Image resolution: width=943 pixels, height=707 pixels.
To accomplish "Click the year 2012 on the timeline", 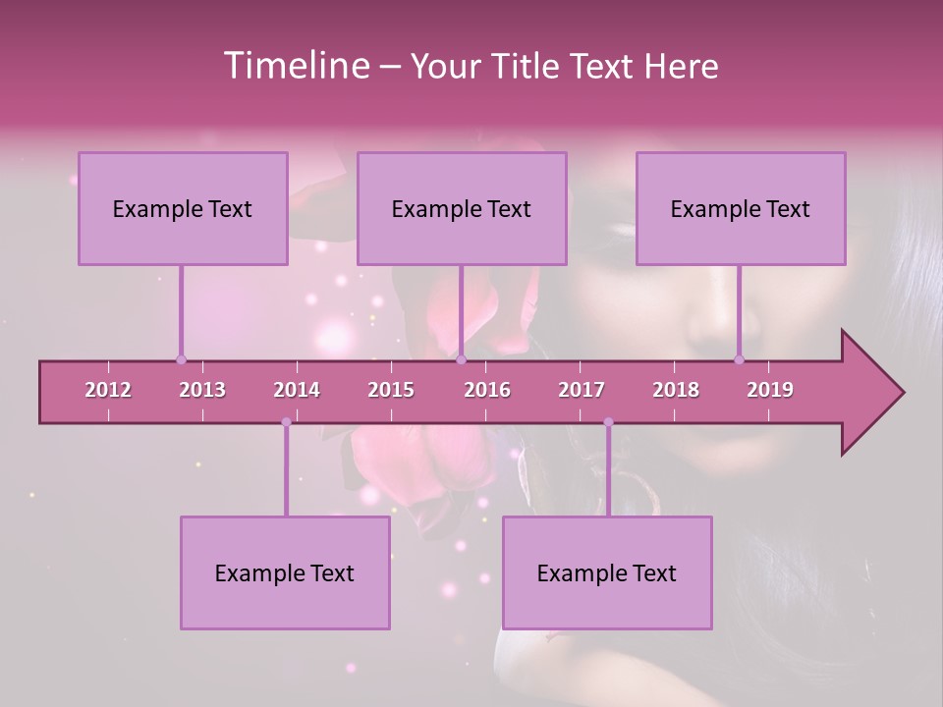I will click(x=108, y=390).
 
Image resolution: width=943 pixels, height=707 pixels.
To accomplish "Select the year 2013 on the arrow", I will click(x=202, y=390).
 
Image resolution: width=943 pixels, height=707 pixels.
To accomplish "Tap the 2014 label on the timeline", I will click(x=297, y=390).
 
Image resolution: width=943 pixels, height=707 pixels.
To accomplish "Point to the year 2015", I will click(x=391, y=390).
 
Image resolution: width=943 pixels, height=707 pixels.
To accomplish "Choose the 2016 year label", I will click(x=487, y=390).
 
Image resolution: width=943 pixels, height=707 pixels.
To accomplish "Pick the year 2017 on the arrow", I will click(x=582, y=390).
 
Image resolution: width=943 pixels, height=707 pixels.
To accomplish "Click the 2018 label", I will click(x=676, y=390).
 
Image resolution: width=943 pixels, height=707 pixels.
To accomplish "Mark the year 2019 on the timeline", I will click(x=770, y=390).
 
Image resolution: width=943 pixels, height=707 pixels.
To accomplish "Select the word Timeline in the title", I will click(x=296, y=66).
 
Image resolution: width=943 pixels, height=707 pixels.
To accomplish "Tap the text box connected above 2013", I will click(x=183, y=208).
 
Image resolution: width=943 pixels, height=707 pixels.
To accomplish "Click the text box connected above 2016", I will click(x=462, y=208).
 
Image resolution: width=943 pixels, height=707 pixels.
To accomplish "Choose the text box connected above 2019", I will click(x=741, y=208).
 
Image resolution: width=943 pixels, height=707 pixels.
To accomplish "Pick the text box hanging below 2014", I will click(x=285, y=572).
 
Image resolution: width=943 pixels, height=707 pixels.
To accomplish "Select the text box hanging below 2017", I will click(x=607, y=572).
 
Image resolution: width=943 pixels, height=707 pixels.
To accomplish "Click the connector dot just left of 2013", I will click(x=181, y=359).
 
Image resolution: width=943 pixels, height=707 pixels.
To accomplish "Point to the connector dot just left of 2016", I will click(x=461, y=359).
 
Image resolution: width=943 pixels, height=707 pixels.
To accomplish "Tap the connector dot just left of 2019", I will click(x=740, y=359).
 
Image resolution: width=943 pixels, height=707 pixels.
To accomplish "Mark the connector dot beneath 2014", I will click(x=286, y=422).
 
